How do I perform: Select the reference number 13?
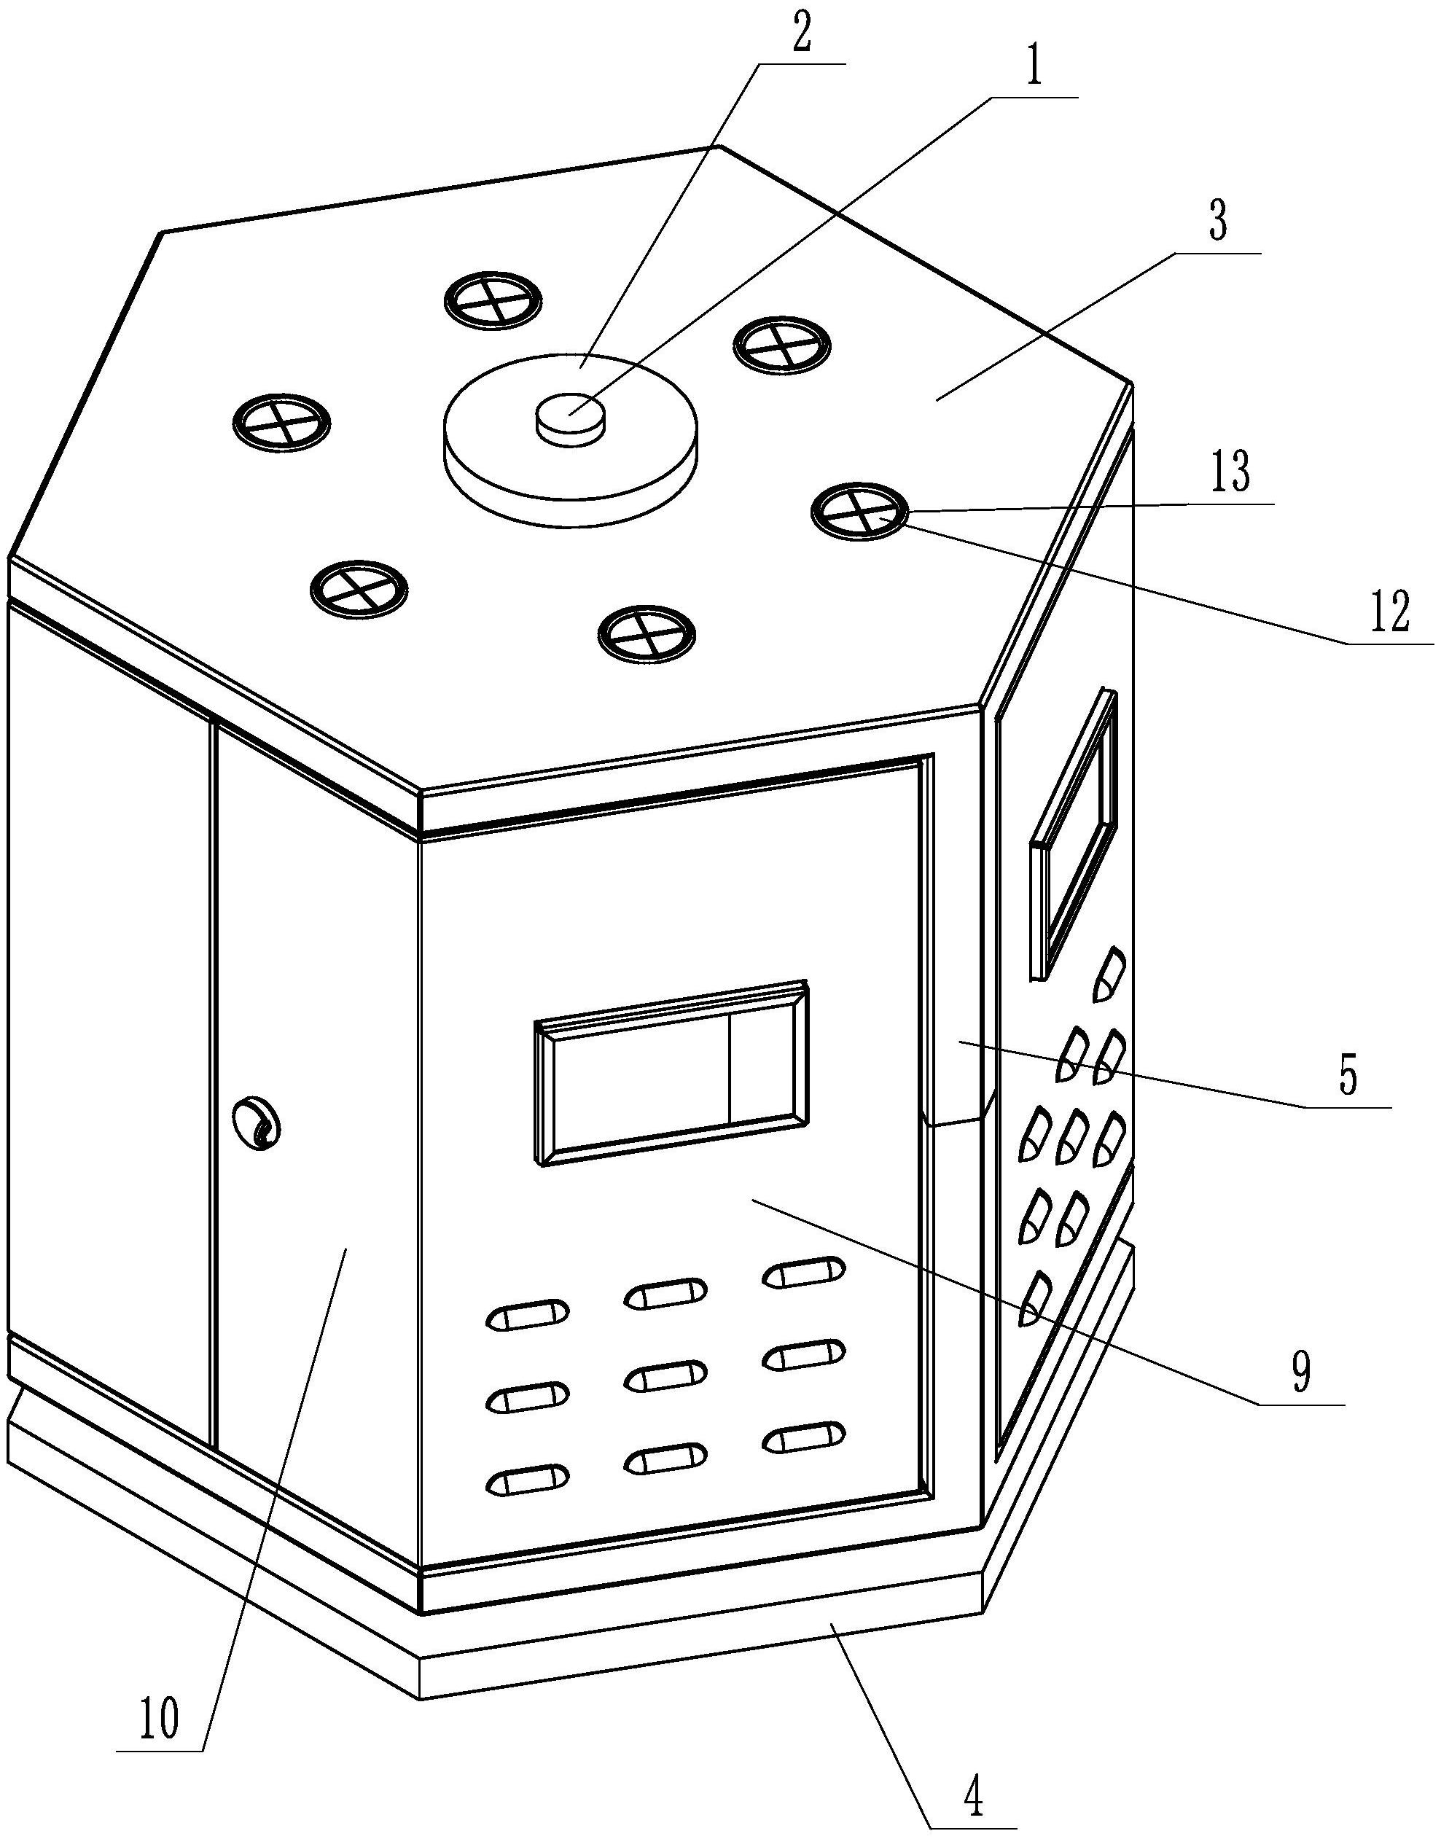pos(1230,473)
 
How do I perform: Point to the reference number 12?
pos(1388,613)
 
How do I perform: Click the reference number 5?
pos(1348,1077)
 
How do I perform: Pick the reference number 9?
pos(1302,1374)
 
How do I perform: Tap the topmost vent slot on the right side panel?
pos(1109,975)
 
